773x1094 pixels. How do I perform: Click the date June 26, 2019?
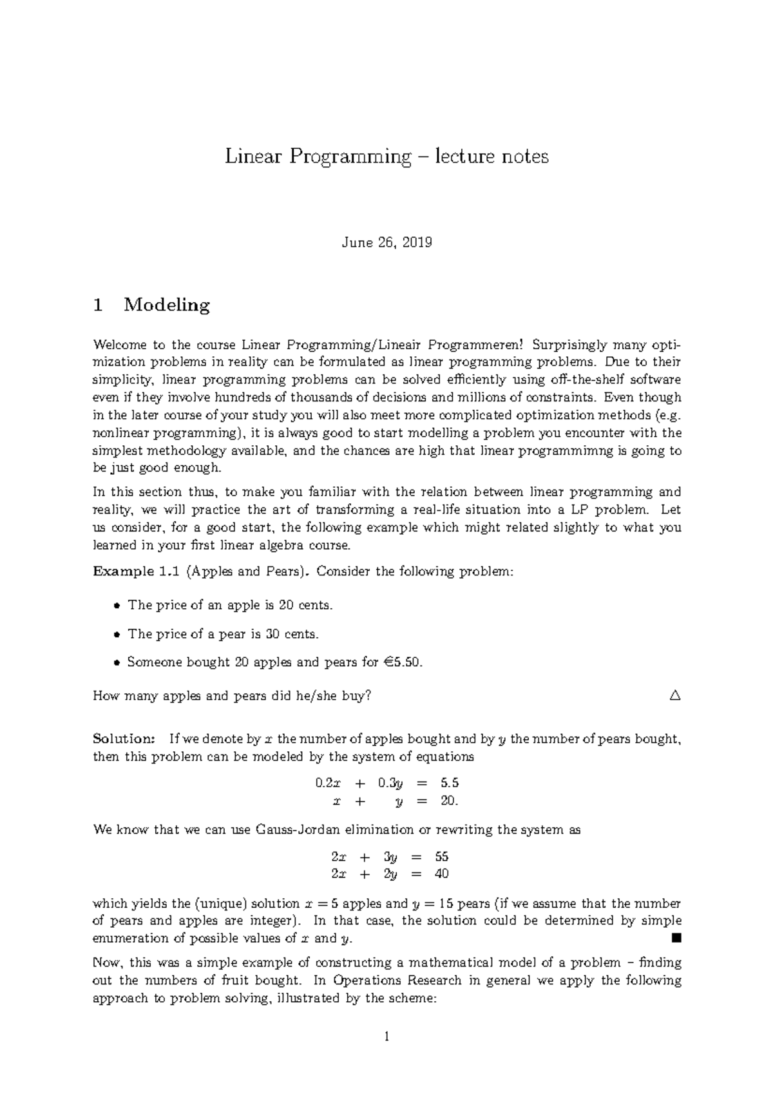(386, 243)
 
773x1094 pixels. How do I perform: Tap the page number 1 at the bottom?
(386, 1037)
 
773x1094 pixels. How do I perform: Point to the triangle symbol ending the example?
(674, 696)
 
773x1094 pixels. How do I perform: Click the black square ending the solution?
(675, 938)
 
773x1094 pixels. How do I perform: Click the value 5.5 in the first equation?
(449, 783)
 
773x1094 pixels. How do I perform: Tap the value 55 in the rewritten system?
(441, 857)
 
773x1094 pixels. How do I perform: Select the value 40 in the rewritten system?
(441, 874)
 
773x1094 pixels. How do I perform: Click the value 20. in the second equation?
(448, 801)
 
